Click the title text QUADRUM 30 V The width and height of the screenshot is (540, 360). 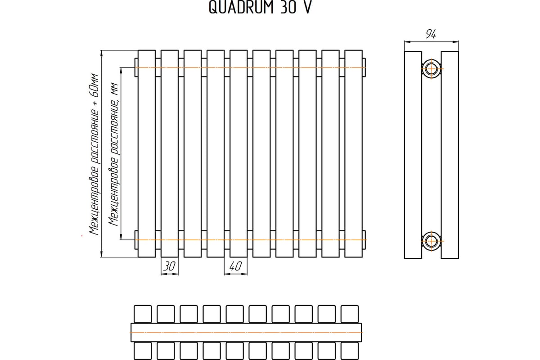(x=259, y=9)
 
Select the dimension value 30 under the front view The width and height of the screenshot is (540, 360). (x=169, y=266)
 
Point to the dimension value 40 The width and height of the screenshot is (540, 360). (x=235, y=266)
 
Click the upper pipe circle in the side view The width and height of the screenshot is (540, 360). (x=432, y=69)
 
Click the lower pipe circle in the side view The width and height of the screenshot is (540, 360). (x=432, y=241)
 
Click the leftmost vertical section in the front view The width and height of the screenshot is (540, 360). (x=146, y=153)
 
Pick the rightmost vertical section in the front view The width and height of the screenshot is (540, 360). (x=353, y=153)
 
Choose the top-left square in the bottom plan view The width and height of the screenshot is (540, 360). (x=143, y=314)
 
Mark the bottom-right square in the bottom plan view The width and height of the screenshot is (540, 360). (x=350, y=351)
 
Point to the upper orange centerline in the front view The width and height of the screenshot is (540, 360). (x=252, y=68)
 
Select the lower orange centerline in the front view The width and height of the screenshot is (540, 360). (x=252, y=240)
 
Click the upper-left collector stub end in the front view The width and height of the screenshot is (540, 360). (x=136, y=67)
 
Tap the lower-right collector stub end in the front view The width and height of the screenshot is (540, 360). (x=364, y=239)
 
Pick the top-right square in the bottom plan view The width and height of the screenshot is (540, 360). (x=350, y=314)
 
